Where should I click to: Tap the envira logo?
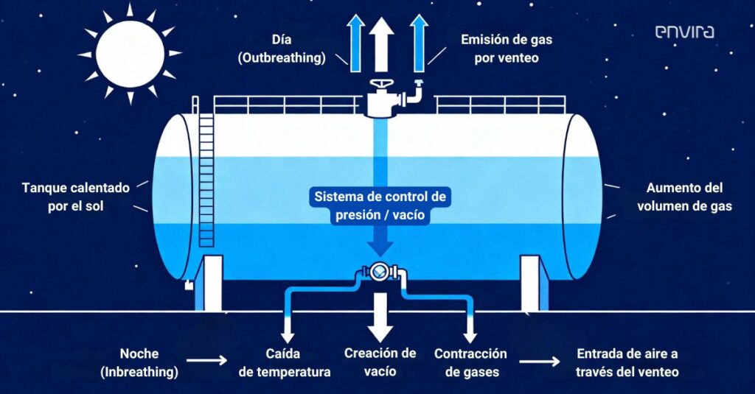(684, 32)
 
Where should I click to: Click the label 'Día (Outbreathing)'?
(282, 49)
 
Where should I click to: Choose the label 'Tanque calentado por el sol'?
(76, 197)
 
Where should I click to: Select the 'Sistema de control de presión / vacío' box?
(381, 206)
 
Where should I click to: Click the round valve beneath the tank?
(379, 271)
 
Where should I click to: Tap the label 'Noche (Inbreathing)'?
(139, 363)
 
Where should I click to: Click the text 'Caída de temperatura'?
(283, 363)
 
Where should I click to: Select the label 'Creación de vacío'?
(380, 363)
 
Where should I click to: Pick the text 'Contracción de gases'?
(470, 363)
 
